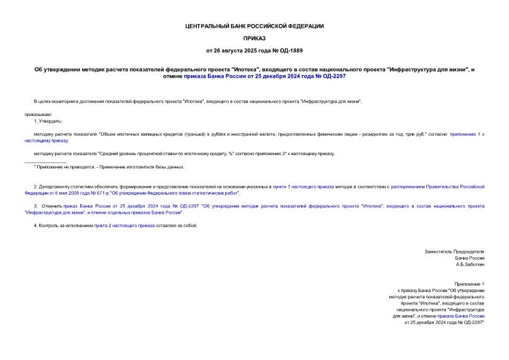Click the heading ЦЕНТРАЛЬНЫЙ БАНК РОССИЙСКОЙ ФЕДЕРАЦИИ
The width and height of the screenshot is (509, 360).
pos(254,26)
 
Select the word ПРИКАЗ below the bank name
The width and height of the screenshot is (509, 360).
pos(254,38)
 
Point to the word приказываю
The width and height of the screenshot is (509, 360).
pos(38,114)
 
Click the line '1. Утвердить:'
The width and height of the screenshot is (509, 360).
pos(48,120)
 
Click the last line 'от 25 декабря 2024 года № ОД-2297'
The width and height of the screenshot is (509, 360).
pos(444,322)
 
